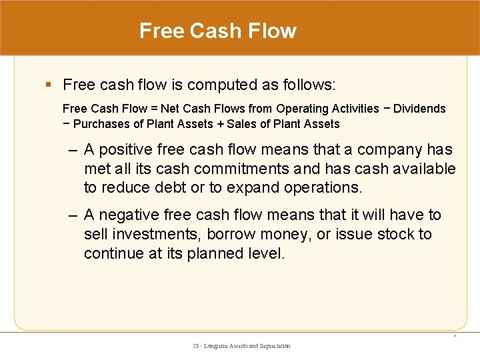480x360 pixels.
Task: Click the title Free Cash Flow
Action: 217,31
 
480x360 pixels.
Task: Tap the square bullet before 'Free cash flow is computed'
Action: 48,85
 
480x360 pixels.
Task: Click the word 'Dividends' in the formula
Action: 419,109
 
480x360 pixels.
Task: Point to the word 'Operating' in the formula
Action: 302,109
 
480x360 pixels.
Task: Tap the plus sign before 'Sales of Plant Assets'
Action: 219,124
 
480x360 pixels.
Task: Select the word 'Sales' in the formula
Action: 241,124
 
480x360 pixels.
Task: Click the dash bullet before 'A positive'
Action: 74,150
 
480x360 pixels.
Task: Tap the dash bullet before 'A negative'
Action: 74,215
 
